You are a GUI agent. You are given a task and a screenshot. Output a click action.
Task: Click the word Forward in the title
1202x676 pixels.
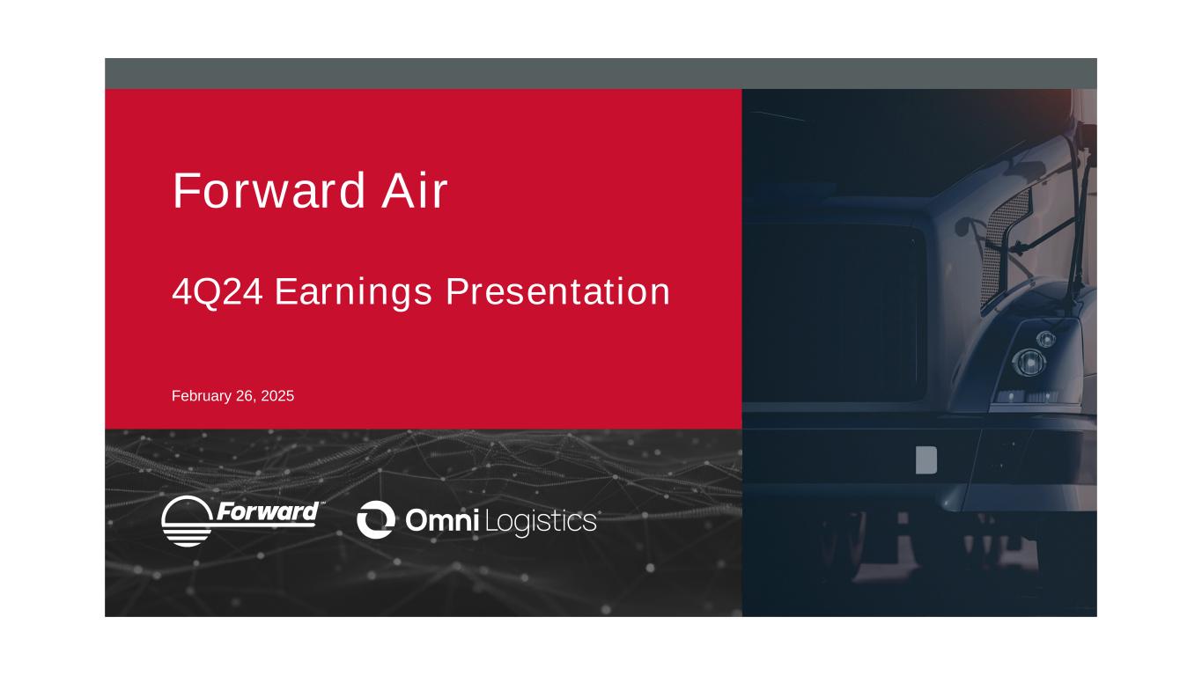tap(269, 190)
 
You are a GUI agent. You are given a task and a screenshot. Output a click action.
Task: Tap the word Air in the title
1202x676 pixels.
tap(414, 190)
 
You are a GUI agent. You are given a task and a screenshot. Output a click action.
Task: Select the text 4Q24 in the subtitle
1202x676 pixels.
tap(218, 292)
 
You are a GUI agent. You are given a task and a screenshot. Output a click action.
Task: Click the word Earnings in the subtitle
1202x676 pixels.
tap(354, 293)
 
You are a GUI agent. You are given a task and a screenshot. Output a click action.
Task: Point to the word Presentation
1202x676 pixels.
tap(558, 292)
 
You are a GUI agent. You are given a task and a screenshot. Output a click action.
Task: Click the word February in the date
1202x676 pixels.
tap(202, 396)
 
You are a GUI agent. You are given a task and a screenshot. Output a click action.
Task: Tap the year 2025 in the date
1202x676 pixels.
tap(277, 396)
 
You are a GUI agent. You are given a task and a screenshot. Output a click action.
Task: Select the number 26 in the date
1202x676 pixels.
tap(245, 396)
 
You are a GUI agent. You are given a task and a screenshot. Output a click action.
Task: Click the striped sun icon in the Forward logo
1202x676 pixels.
tap(187, 521)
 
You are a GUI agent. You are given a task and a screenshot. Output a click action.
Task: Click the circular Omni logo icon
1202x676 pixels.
tap(376, 519)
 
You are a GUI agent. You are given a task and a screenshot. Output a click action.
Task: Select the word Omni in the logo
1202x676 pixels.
tap(442, 520)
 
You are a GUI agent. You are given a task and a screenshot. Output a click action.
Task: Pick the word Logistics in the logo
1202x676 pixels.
tap(541, 522)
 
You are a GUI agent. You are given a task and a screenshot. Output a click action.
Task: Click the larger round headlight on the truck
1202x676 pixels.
tap(1029, 363)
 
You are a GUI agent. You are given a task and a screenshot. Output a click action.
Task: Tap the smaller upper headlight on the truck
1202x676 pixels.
tap(1046, 339)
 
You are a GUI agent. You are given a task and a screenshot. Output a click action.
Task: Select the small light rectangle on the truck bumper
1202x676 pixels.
tap(926, 459)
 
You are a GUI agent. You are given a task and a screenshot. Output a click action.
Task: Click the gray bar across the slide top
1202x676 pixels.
tap(601, 74)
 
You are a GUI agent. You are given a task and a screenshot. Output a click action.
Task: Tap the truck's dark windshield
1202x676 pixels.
tap(835, 312)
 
